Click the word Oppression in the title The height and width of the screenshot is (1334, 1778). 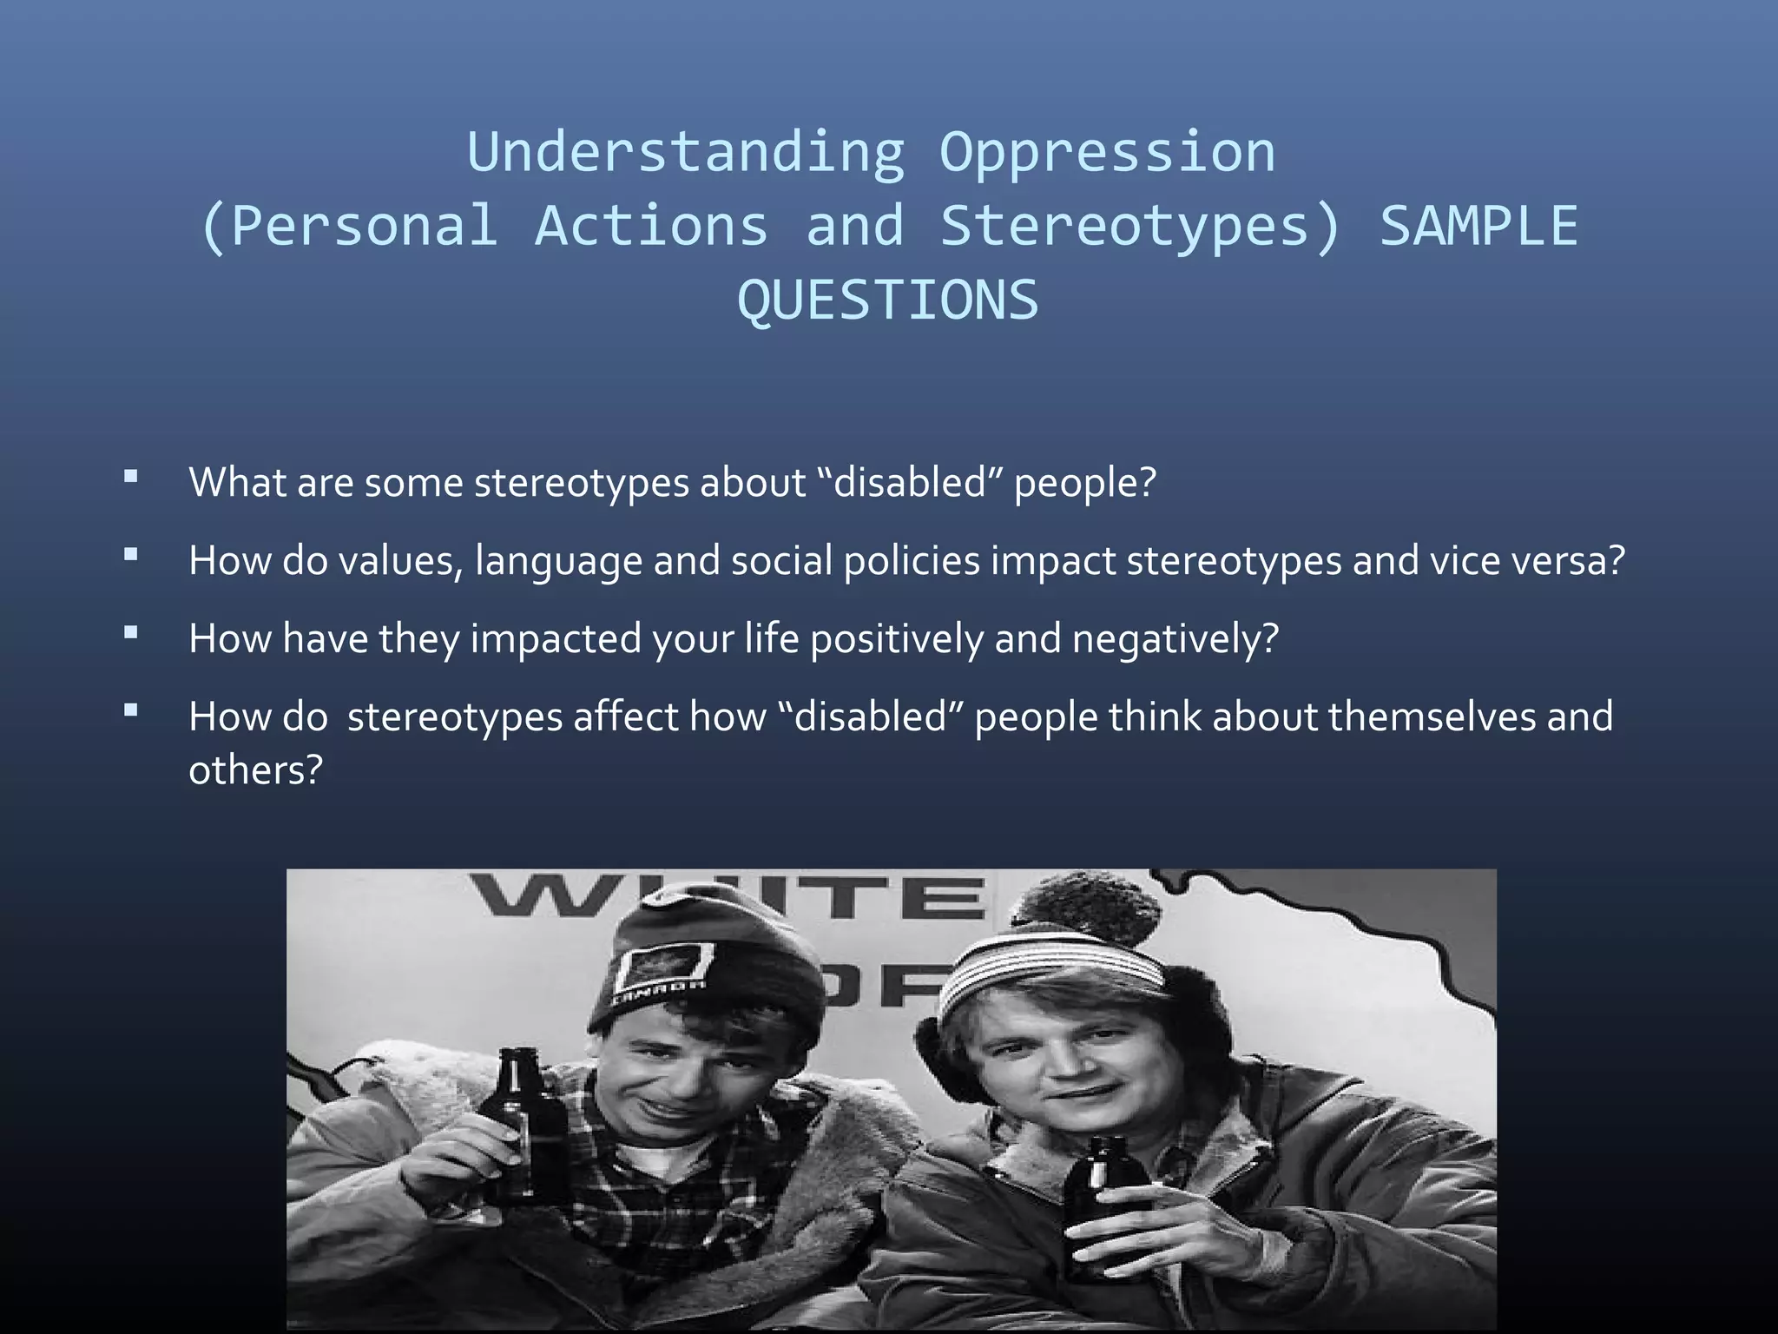(x=1107, y=153)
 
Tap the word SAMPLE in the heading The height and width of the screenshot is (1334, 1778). (x=1478, y=226)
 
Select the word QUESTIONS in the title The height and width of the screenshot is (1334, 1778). (x=887, y=300)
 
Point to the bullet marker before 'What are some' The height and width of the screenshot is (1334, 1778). (x=131, y=476)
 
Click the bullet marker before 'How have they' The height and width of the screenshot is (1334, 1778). (x=131, y=632)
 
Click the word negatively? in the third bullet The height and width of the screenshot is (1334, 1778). (x=1175, y=639)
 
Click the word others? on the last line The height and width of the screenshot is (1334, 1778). (x=255, y=769)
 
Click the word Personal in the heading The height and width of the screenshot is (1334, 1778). (x=365, y=226)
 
